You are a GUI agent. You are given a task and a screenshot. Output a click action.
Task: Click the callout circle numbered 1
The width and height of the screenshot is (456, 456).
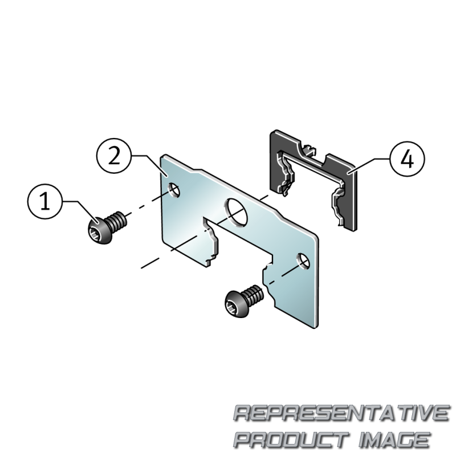pyautogui.click(x=45, y=201)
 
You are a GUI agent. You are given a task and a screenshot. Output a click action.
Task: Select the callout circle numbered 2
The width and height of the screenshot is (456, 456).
pyautogui.click(x=114, y=156)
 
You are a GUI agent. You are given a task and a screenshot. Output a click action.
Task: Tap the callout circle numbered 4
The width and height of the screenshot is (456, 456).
pyautogui.click(x=407, y=159)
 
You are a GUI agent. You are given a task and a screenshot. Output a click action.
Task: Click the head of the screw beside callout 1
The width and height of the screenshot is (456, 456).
pyautogui.click(x=99, y=231)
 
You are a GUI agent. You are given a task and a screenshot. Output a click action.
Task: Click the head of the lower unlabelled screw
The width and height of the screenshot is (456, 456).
pyautogui.click(x=237, y=304)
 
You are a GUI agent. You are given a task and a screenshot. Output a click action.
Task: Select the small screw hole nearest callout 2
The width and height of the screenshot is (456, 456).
pyautogui.click(x=174, y=190)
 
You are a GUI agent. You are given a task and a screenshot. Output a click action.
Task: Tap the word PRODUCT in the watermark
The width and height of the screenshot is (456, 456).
pyautogui.click(x=291, y=439)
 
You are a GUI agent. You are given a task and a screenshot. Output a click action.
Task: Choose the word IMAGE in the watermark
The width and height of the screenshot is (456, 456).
pyautogui.click(x=394, y=439)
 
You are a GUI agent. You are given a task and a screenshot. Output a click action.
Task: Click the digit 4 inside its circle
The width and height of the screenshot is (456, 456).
pyautogui.click(x=407, y=160)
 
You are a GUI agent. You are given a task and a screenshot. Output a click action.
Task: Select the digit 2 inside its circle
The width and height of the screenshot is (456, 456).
pyautogui.click(x=114, y=156)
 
